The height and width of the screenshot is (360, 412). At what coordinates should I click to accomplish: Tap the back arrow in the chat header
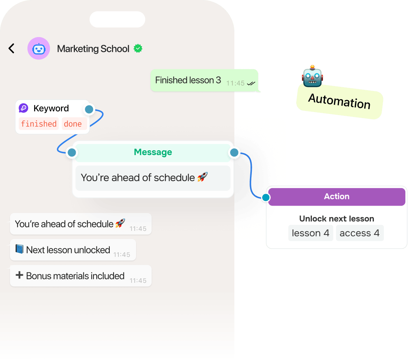11,48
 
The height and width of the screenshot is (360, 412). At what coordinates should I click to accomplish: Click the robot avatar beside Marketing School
39,48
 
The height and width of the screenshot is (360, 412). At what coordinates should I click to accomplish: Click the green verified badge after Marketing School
138,48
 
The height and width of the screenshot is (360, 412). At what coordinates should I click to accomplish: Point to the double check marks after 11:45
251,84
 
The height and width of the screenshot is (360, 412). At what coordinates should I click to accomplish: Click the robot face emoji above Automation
312,76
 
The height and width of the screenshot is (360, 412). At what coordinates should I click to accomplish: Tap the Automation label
339,101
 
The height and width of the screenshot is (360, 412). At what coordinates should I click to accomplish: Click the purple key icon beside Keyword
24,108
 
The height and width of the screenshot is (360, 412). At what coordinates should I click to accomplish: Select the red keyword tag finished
39,124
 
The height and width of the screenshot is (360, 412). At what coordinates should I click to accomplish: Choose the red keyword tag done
73,124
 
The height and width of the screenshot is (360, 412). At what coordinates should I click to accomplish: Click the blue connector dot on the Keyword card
89,109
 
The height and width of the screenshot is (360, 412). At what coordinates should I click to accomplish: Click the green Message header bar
153,152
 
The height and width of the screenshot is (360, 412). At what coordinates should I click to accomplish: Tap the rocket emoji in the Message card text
202,177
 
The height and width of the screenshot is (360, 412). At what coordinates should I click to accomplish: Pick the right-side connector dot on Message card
234,152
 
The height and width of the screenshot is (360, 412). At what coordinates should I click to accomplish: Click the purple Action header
336,197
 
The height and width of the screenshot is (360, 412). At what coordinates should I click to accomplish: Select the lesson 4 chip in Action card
310,233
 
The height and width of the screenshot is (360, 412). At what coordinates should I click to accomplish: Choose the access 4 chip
359,233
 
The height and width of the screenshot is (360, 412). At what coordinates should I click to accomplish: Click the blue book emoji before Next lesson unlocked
19,249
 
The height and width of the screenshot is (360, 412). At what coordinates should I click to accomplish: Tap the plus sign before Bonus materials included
19,275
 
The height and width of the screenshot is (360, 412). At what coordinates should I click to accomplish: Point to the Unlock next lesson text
336,219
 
